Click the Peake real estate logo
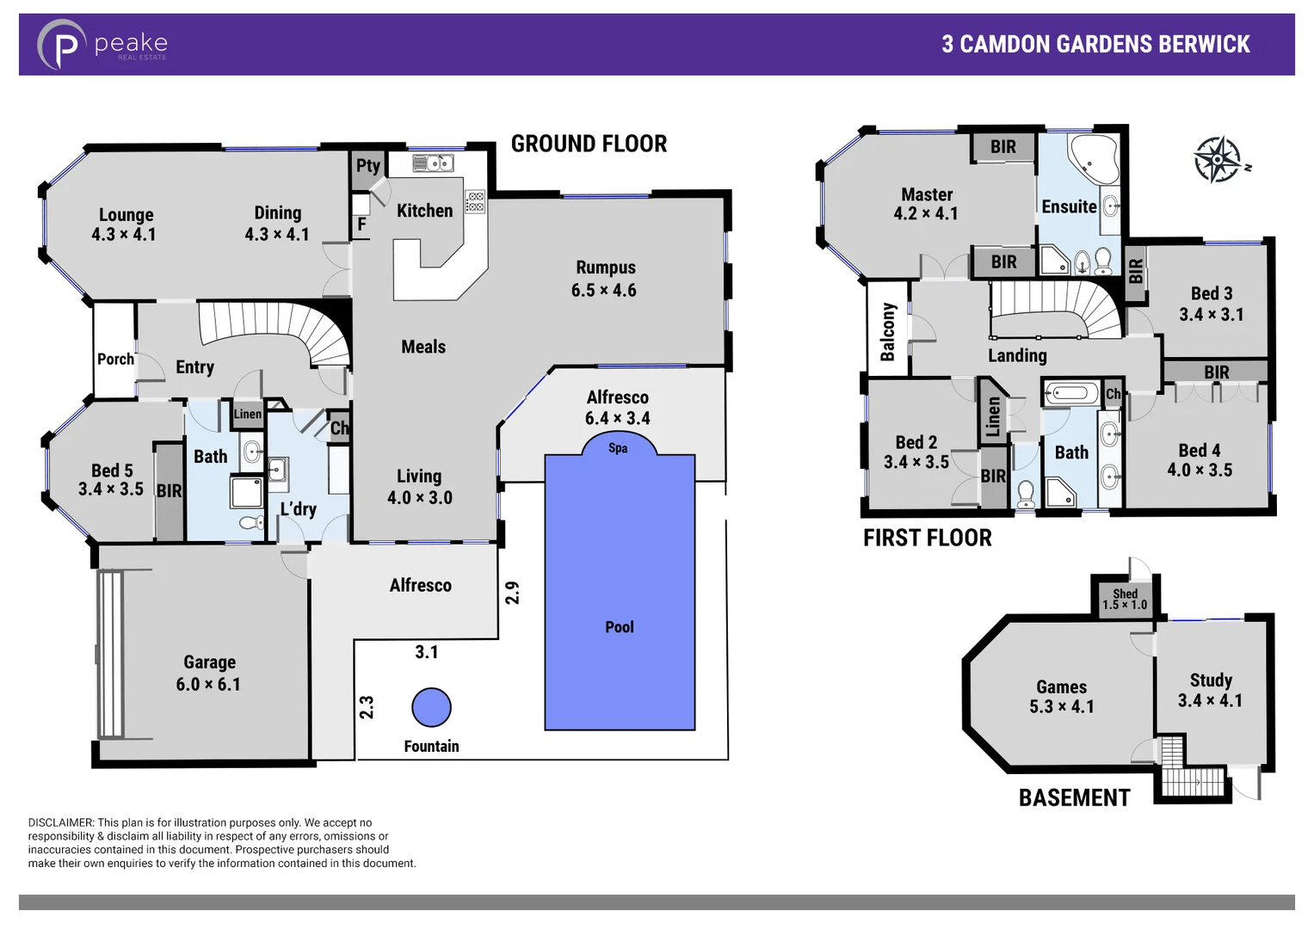(x=102, y=45)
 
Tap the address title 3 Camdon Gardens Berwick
(x=1095, y=45)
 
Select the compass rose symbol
(x=1218, y=160)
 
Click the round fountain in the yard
(x=431, y=708)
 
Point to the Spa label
(x=618, y=448)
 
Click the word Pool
(x=619, y=627)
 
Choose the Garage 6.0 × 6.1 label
(x=209, y=673)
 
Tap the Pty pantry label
(x=368, y=166)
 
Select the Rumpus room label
(x=605, y=279)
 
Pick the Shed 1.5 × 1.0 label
(x=1125, y=599)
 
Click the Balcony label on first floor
(x=888, y=331)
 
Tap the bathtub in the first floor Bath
(x=1070, y=395)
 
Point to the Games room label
(x=1061, y=697)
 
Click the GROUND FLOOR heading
(x=589, y=144)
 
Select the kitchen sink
(x=433, y=163)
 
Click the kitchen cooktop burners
(x=475, y=201)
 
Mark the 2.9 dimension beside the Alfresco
(x=512, y=593)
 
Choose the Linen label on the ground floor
(x=247, y=415)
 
